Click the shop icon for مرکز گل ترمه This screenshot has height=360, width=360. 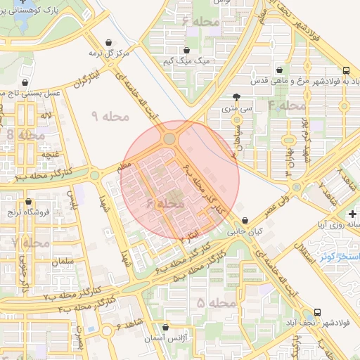(108, 42)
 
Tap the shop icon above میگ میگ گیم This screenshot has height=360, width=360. (188, 50)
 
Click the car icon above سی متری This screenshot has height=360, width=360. (237, 97)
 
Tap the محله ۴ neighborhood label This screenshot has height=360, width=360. (286, 105)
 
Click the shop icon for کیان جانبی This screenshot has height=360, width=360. (244, 219)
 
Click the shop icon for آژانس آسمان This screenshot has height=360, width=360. (165, 328)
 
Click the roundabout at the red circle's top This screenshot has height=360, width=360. (169, 139)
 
